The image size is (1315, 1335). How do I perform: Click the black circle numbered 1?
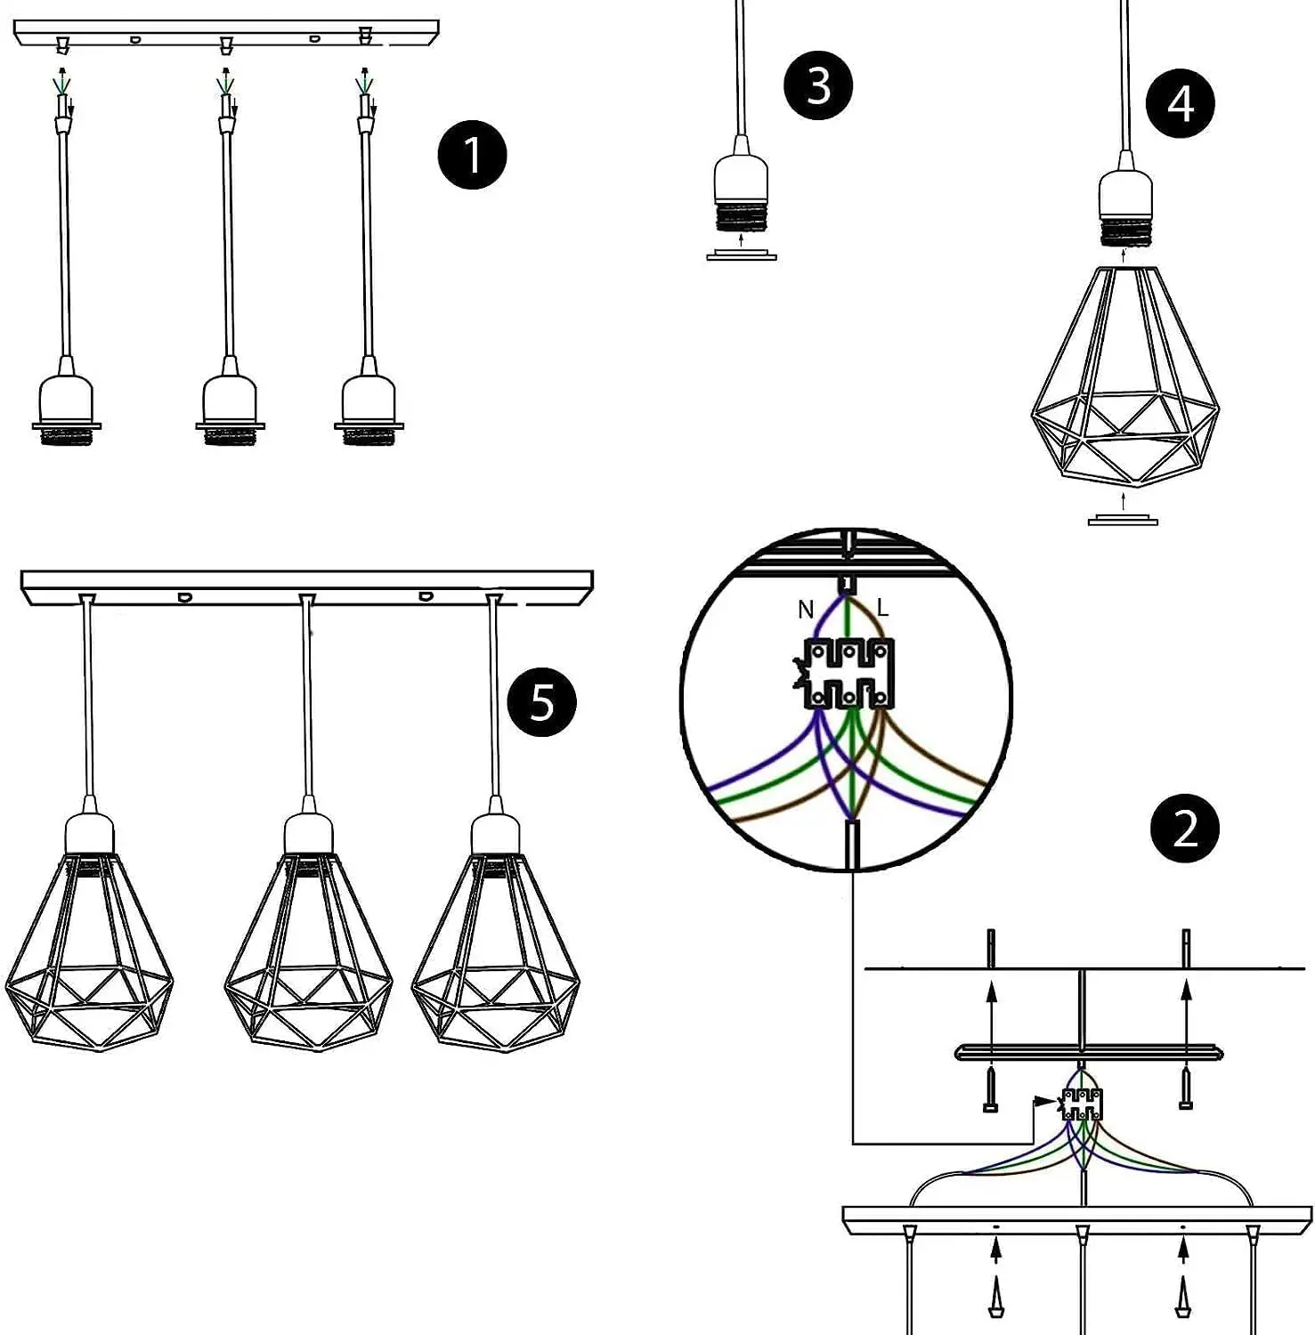472,155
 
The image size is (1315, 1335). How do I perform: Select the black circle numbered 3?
817,86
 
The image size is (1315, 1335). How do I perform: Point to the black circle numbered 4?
1181,103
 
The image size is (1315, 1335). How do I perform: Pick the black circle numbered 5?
541,702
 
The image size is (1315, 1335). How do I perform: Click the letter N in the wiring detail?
806,610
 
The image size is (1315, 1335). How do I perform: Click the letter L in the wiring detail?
882,608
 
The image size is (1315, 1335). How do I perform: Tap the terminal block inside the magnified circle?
848,675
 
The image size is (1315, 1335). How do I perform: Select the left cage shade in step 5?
89,952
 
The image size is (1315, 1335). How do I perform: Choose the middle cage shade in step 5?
308,952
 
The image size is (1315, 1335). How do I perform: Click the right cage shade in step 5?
495,952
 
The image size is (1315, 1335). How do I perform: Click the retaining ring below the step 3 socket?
742,256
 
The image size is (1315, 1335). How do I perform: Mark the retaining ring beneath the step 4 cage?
1123,520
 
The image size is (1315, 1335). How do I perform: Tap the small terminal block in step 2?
1082,1104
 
